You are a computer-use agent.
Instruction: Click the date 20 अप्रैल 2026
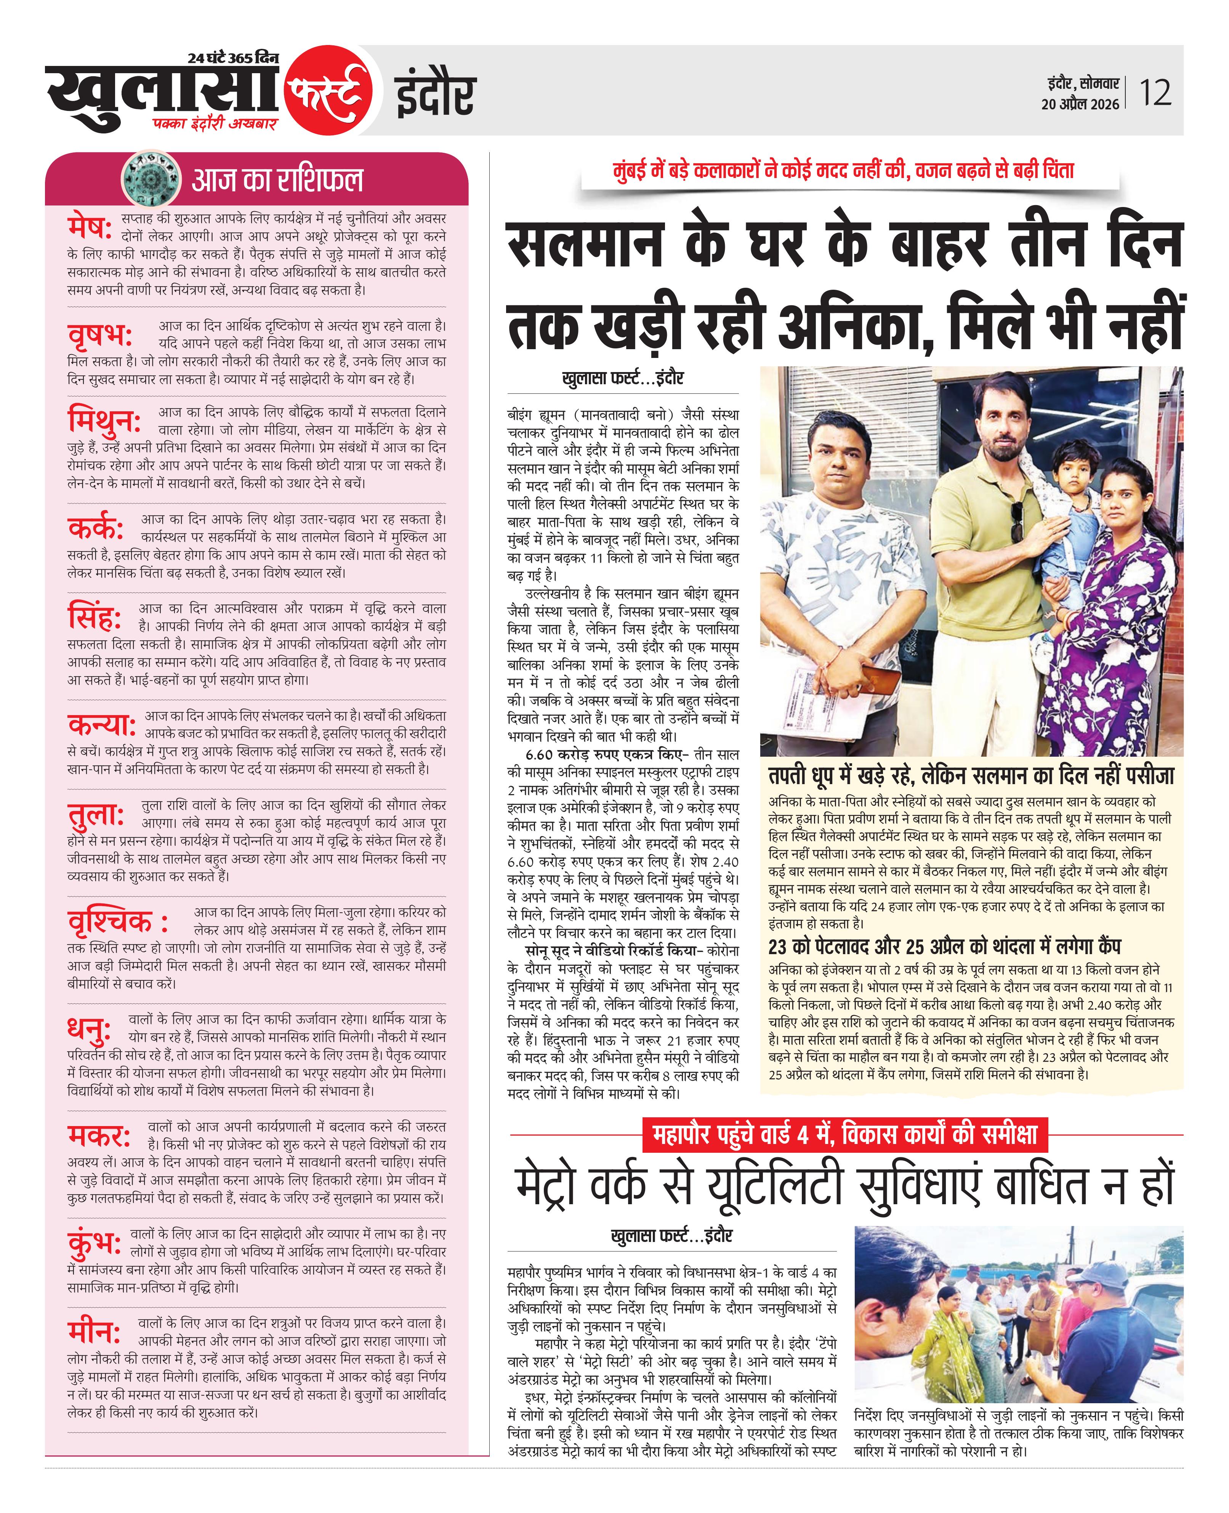pos(1080,104)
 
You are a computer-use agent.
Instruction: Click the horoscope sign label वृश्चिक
pos(117,920)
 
